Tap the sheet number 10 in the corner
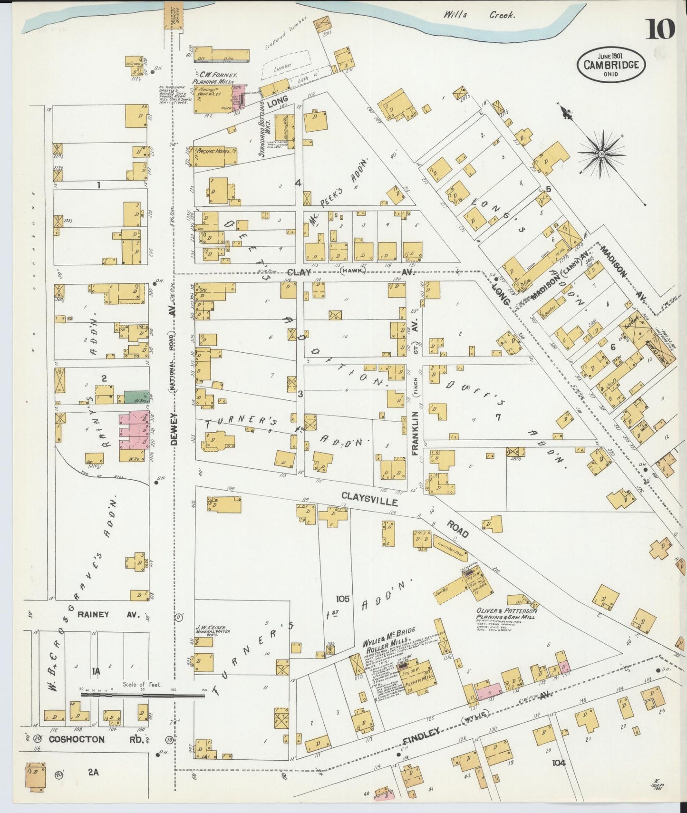point(659,29)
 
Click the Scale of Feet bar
point(143,695)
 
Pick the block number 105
point(342,598)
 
